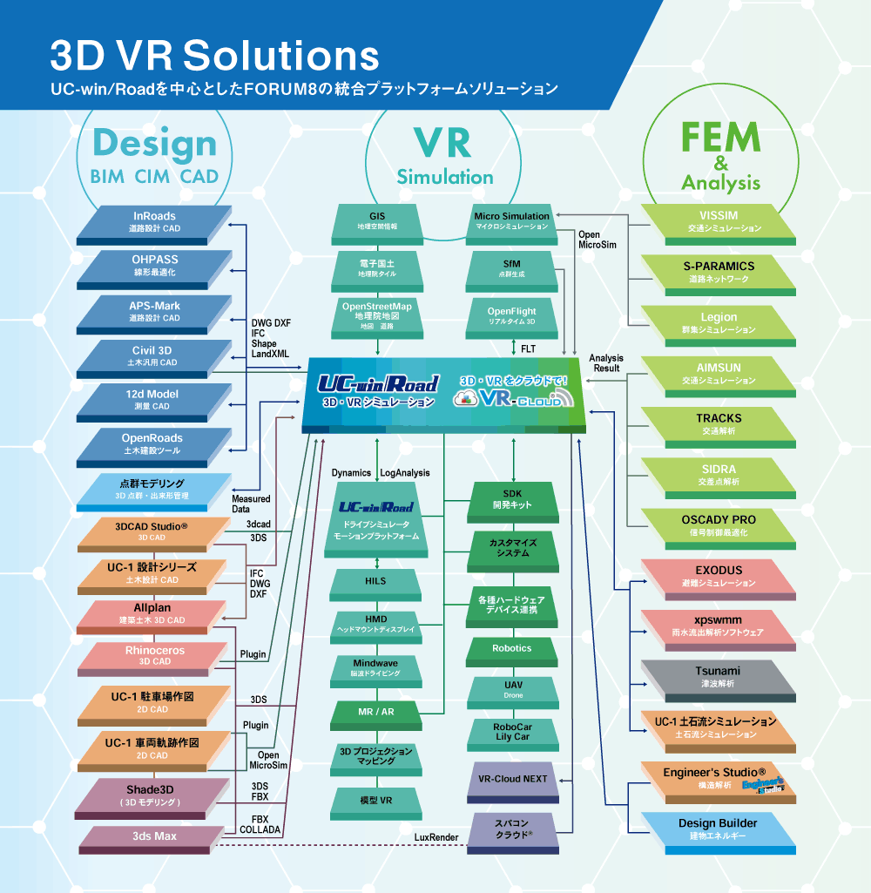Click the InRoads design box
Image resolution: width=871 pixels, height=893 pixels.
point(154,225)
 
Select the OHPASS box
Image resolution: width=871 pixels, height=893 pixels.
point(154,269)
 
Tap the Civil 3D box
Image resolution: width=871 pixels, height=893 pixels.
point(154,359)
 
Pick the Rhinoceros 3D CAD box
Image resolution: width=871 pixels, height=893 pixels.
point(154,659)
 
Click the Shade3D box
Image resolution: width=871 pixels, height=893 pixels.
point(152,798)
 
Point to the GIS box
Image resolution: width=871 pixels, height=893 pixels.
point(377,225)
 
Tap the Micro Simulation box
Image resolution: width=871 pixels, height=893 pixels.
point(512,225)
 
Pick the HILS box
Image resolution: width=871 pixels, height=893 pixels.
point(375,585)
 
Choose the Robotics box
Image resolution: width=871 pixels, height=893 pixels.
point(512,652)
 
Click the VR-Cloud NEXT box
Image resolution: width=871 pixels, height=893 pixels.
point(513,782)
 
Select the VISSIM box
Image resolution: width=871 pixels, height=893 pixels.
point(719,225)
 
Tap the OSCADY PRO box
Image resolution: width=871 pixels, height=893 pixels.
point(719,529)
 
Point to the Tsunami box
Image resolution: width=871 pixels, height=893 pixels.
point(719,680)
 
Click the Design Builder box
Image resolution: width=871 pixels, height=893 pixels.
point(719,833)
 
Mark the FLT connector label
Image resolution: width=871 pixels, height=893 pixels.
point(529,348)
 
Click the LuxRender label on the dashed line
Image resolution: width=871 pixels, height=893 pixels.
point(436,837)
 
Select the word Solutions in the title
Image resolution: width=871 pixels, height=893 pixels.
point(281,55)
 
